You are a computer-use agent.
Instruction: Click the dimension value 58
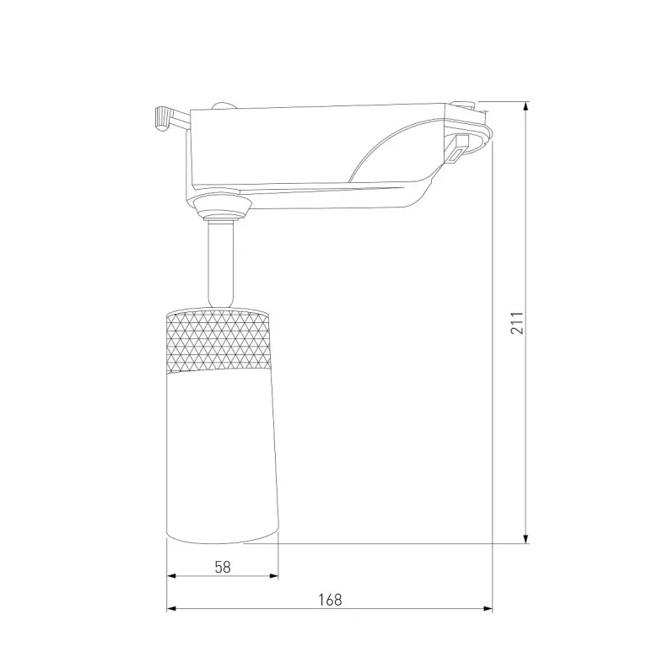click(x=223, y=567)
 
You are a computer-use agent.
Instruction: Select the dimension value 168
click(x=330, y=600)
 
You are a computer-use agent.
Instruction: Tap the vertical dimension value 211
click(x=518, y=321)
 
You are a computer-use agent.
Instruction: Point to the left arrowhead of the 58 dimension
click(x=172, y=576)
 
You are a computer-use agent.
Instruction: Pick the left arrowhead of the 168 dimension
click(x=172, y=608)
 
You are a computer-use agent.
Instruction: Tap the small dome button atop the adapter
click(x=224, y=105)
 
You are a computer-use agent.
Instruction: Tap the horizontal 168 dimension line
click(x=253, y=608)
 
